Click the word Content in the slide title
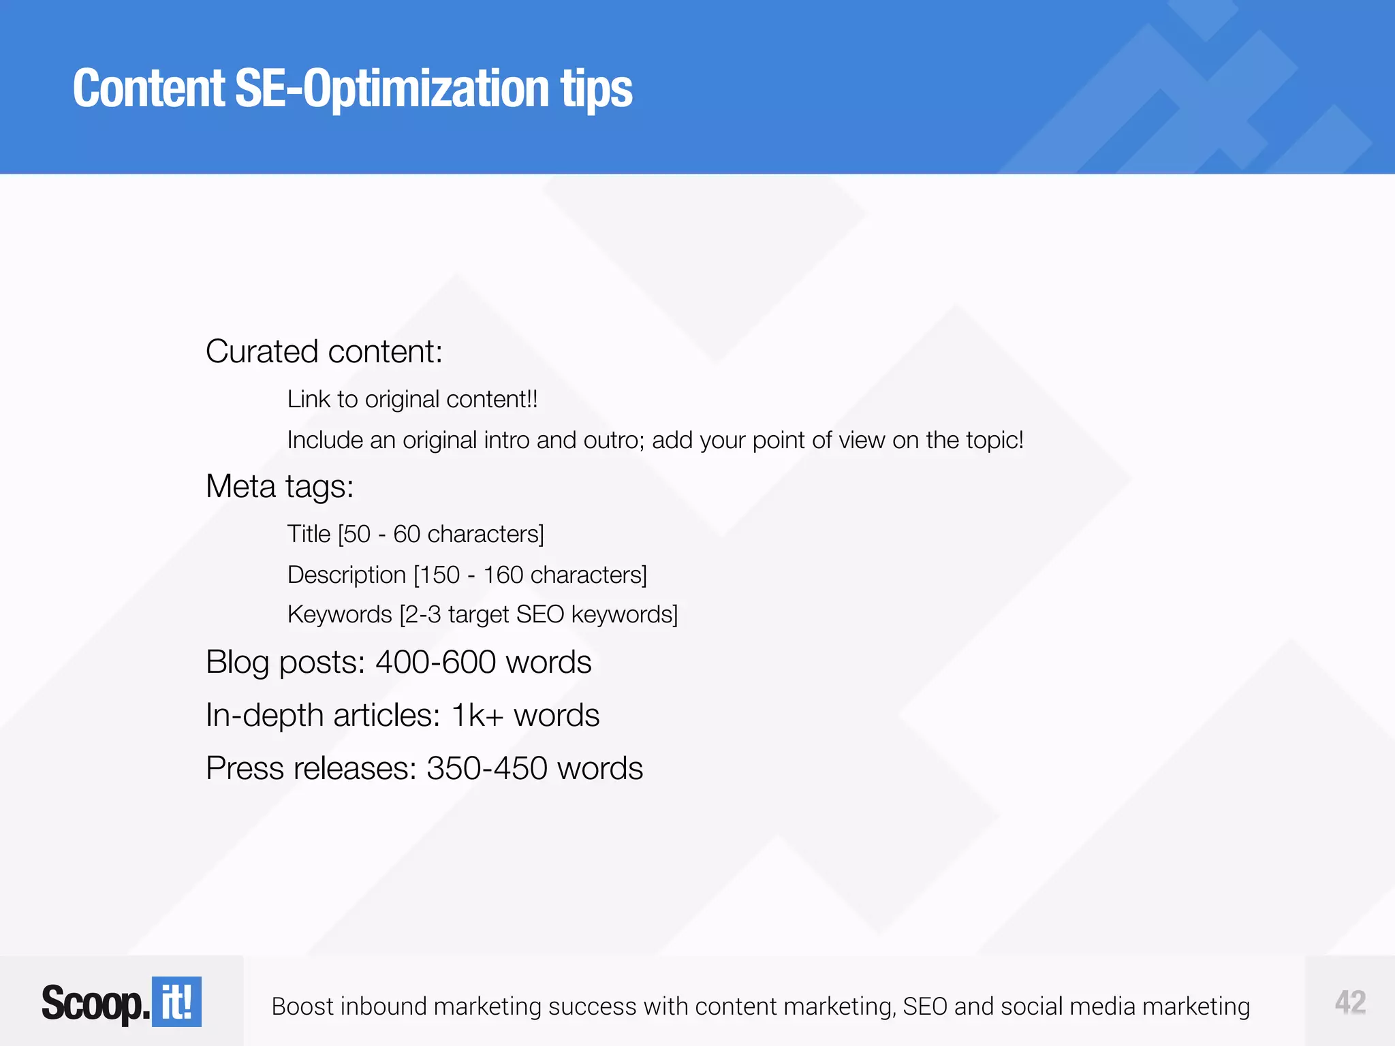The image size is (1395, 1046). (148, 89)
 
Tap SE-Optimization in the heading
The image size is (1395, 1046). (392, 89)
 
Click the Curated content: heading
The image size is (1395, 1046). (324, 351)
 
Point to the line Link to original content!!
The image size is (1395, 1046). (412, 399)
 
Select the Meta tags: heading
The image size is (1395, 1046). (280, 486)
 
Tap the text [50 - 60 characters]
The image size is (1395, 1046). (441, 534)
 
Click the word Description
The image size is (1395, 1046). (347, 575)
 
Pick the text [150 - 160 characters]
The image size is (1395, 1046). (530, 575)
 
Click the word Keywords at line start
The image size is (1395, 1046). (340, 614)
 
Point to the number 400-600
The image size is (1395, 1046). (435, 662)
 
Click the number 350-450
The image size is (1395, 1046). (487, 768)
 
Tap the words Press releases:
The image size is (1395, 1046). (311, 768)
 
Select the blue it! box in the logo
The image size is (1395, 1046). (176, 1002)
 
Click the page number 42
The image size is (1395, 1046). (1350, 1002)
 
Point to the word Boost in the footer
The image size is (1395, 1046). (302, 1007)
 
